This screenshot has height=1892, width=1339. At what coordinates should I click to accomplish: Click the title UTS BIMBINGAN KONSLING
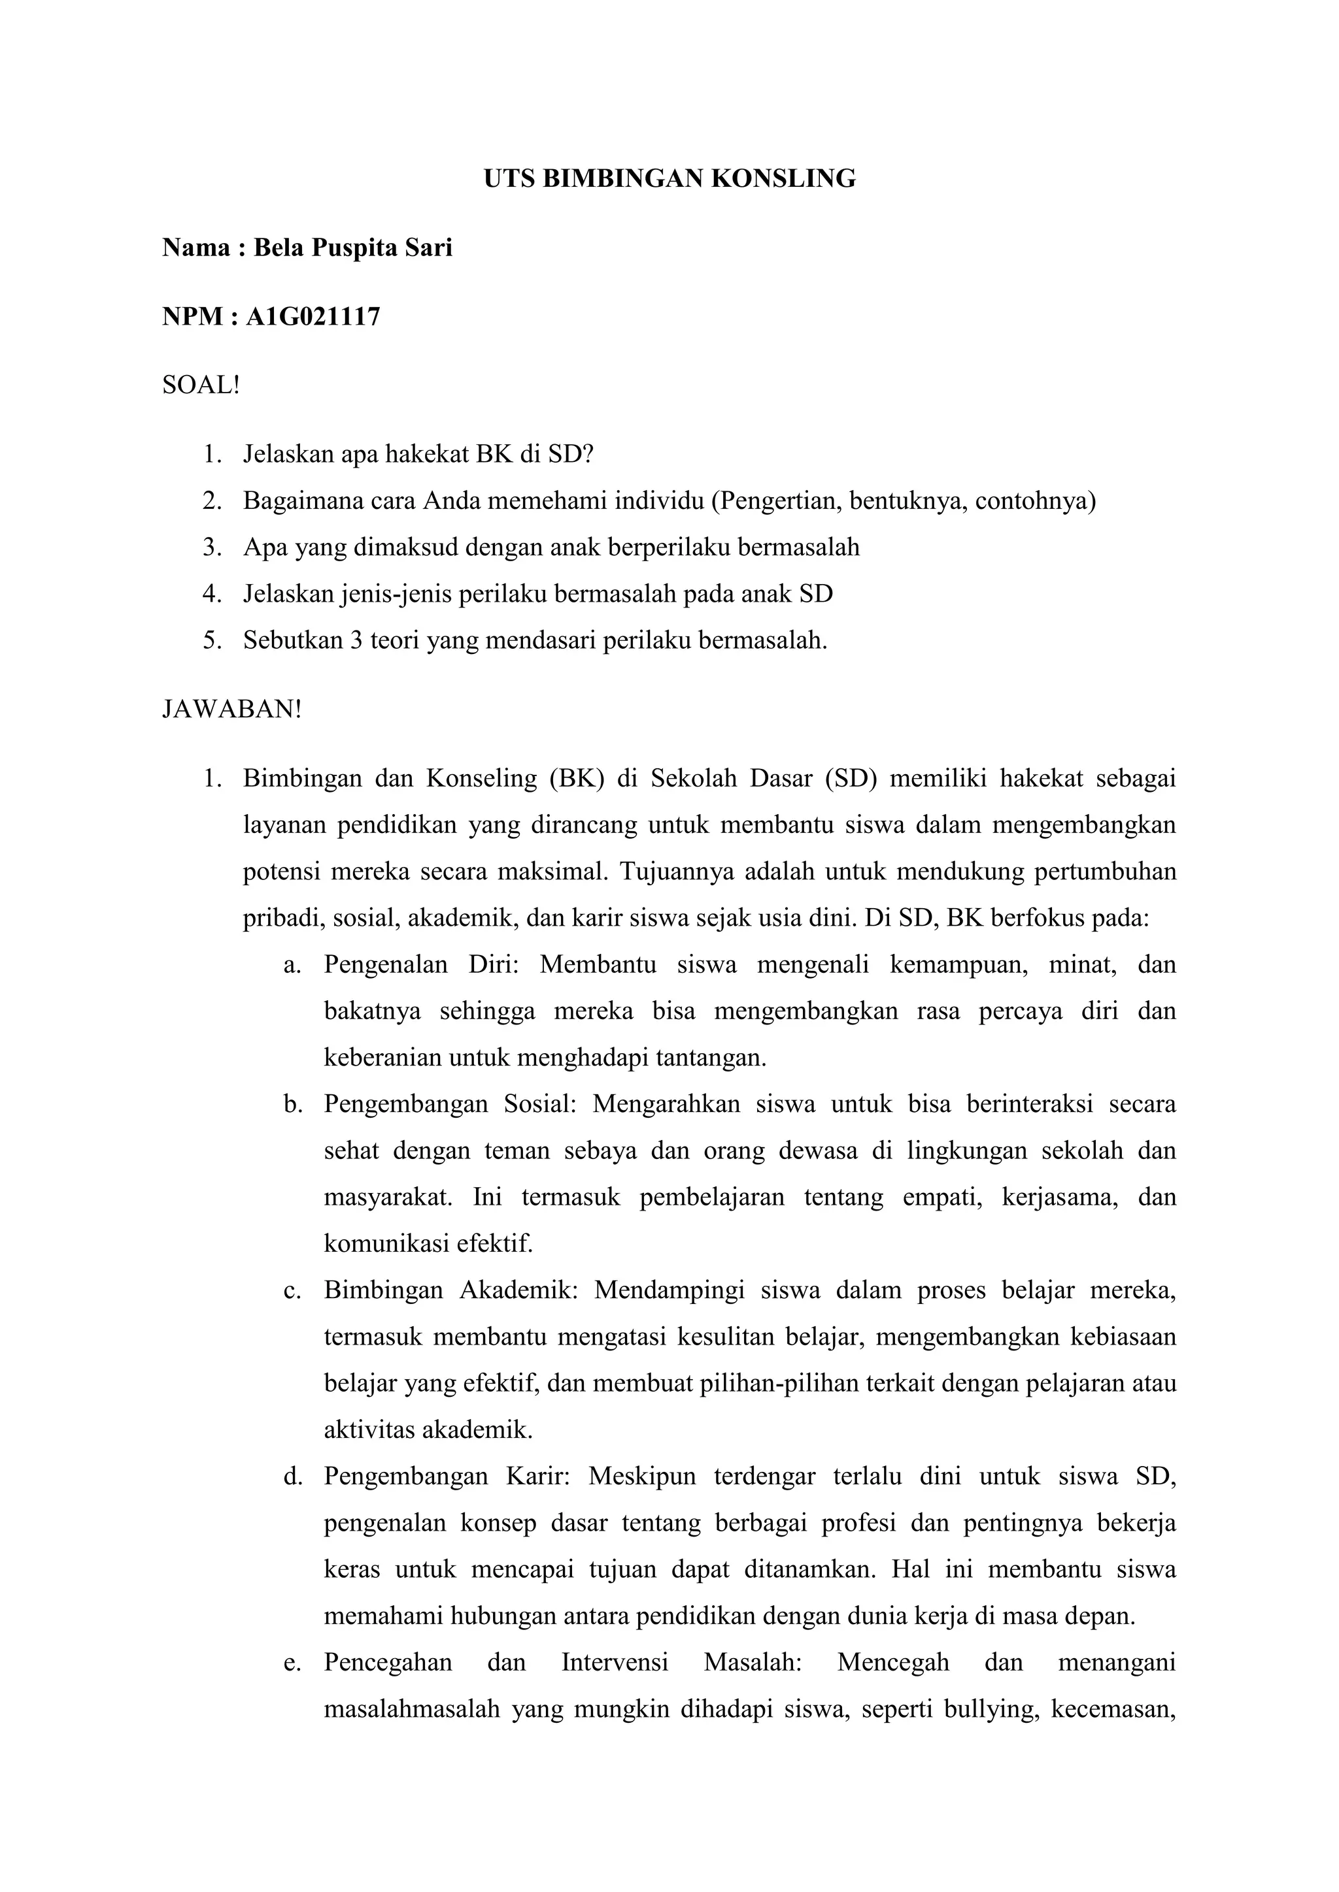(669, 179)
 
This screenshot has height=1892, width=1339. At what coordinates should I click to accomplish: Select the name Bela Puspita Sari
(353, 247)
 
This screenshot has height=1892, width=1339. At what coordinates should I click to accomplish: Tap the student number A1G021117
(313, 316)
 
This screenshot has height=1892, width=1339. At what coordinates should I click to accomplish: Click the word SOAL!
(200, 385)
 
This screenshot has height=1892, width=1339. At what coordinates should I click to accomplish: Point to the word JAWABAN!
(233, 709)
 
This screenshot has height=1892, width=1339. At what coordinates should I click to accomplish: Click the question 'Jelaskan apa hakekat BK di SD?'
(418, 454)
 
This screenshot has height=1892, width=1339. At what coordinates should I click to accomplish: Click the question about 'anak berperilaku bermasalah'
(551, 547)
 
